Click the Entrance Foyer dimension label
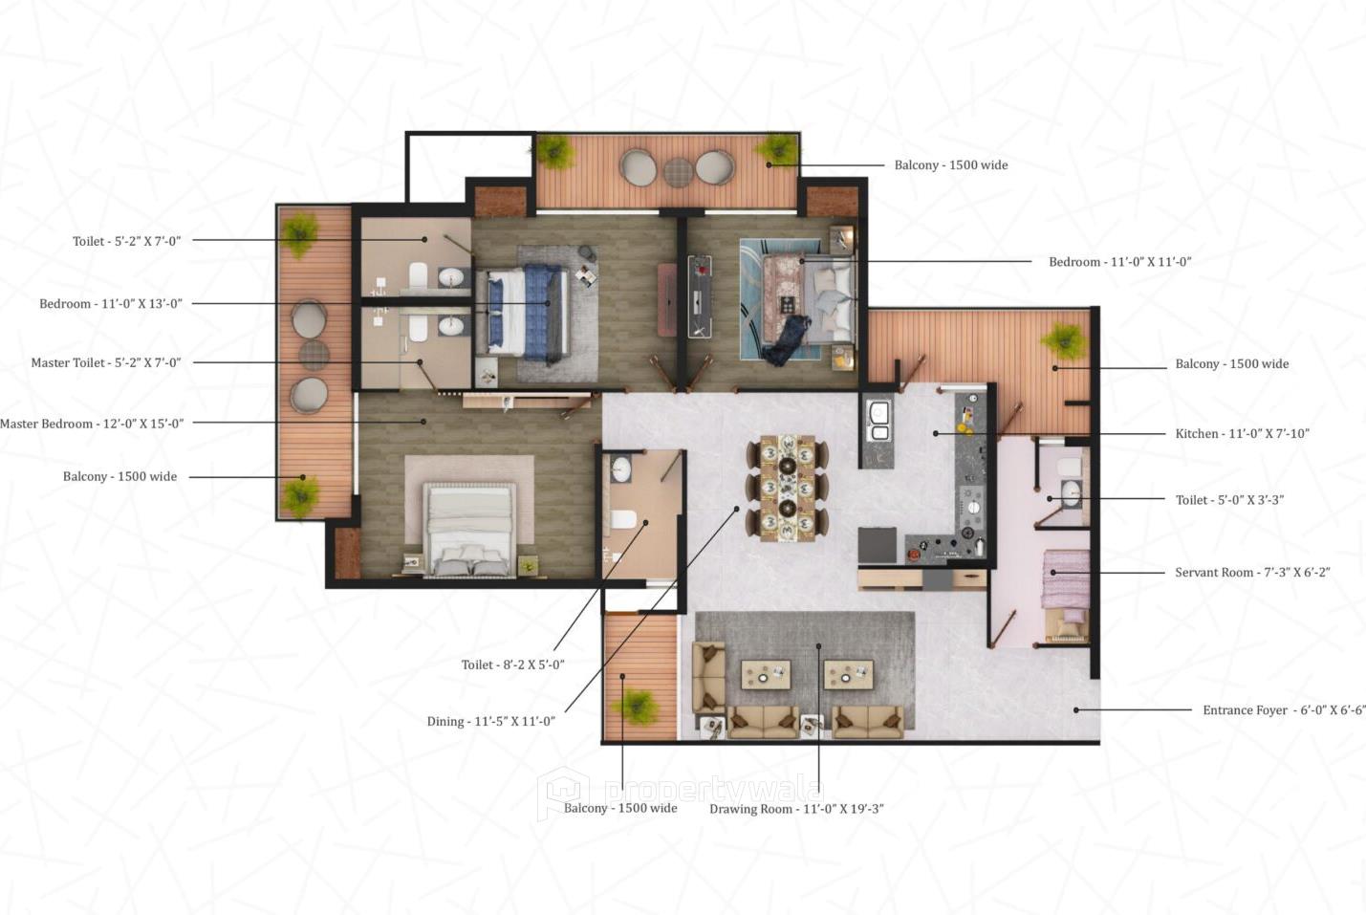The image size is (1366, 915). click(1284, 710)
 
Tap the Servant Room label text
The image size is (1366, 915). click(1252, 573)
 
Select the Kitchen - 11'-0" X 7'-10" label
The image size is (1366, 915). click(1242, 434)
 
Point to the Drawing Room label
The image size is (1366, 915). click(796, 809)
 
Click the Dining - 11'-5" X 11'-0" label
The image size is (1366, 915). click(490, 722)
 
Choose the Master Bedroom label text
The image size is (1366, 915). click(92, 424)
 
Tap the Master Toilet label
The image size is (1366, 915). click(105, 363)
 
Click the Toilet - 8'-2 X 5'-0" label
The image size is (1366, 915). click(512, 665)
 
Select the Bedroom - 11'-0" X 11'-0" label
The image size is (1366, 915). click(1119, 262)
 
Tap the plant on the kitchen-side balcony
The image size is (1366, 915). click(1063, 340)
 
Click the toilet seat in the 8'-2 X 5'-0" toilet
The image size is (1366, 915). click(622, 519)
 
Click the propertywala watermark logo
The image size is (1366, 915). click(563, 792)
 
